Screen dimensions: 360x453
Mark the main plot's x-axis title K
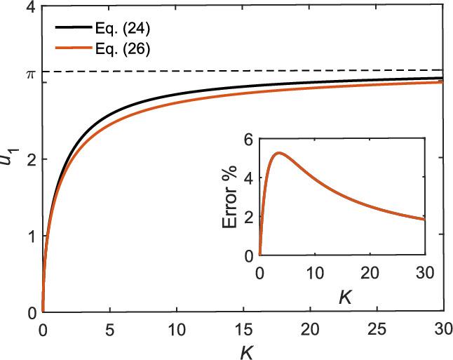click(243, 350)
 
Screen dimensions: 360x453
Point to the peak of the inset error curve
click(278, 152)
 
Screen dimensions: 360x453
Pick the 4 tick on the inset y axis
click(249, 178)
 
